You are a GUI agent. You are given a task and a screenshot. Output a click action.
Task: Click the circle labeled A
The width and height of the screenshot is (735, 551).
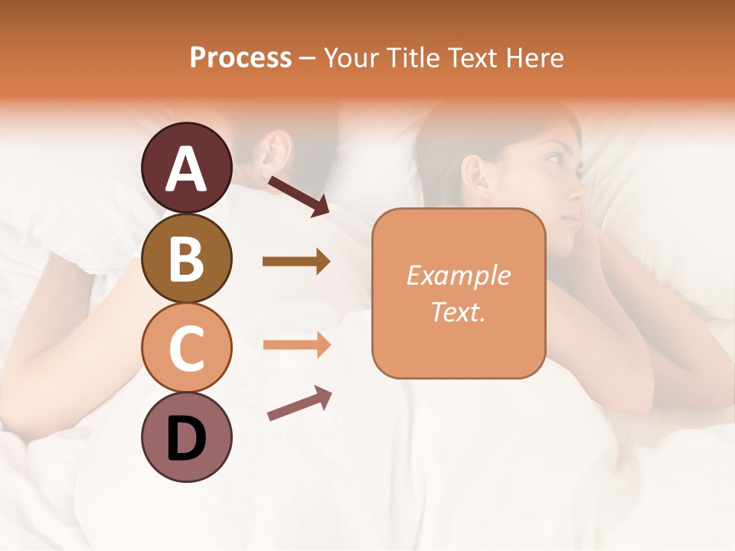click(187, 168)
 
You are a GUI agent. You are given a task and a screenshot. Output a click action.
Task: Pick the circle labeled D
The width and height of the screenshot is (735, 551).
click(187, 437)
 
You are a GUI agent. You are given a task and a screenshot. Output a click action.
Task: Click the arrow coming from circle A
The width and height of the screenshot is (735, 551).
click(299, 196)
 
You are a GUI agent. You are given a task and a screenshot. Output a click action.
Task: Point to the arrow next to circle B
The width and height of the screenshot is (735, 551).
click(296, 262)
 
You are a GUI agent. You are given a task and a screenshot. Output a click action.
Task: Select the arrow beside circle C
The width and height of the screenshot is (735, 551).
click(296, 345)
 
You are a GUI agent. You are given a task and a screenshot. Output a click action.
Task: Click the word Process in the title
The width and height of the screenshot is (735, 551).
click(240, 58)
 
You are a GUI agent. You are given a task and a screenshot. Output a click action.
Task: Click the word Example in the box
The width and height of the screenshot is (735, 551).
click(458, 275)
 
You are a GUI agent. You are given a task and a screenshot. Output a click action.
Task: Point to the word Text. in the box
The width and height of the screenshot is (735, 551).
click(458, 311)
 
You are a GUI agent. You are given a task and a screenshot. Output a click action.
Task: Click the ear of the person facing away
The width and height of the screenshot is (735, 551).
click(276, 150)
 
